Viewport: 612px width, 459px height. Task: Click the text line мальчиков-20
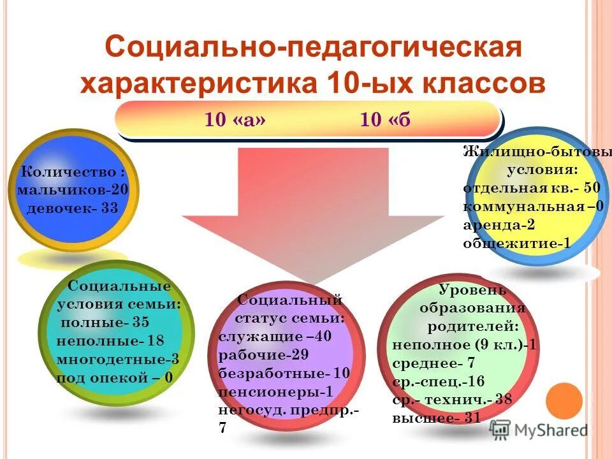73,189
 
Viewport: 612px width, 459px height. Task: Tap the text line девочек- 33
72,208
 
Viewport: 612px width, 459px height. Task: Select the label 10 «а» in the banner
235,120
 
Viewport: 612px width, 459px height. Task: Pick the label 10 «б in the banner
385,120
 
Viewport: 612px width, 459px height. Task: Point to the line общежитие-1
516,243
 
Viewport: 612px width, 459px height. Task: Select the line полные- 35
105,323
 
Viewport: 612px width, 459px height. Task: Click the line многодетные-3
117,359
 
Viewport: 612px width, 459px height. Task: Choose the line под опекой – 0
115,377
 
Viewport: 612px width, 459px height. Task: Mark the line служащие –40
275,337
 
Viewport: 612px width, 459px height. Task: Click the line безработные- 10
284,373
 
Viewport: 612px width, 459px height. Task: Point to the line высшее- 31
436,418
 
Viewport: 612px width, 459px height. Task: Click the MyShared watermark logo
539,430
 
